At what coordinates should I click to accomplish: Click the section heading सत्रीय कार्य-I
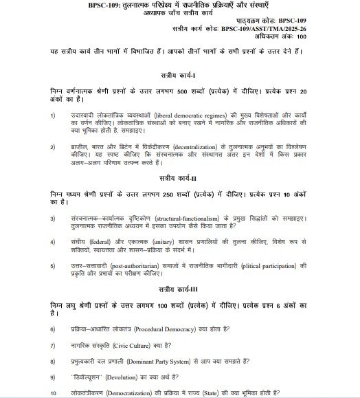coord(180,74)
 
